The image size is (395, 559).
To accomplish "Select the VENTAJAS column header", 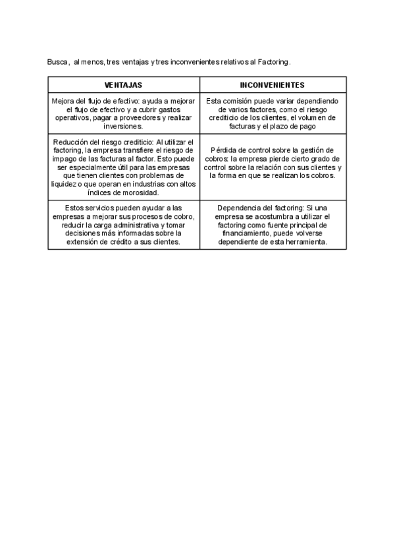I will click(x=123, y=85).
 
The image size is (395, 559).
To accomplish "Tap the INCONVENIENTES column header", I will click(x=272, y=85).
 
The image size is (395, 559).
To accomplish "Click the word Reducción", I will click(x=69, y=142).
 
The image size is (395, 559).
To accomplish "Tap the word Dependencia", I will click(x=238, y=208).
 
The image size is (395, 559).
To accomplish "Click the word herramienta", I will click(x=304, y=242).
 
